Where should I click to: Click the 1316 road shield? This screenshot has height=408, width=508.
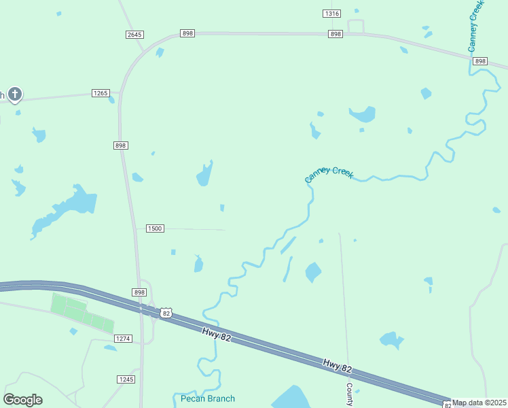(331, 14)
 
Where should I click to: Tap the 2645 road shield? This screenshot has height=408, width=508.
(134, 35)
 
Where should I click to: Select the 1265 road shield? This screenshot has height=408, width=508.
(101, 93)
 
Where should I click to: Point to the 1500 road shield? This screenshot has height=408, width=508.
(155, 228)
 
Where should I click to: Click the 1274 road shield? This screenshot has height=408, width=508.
(123, 338)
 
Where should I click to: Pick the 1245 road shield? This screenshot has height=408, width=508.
(126, 379)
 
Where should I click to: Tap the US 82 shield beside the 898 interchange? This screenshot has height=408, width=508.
(166, 312)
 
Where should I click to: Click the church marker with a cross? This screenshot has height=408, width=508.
(15, 95)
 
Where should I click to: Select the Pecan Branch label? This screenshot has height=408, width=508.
(208, 398)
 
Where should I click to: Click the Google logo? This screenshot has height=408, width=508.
(23, 400)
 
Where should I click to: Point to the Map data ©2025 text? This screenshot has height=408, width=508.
(479, 403)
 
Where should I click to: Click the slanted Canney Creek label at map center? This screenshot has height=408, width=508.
(329, 174)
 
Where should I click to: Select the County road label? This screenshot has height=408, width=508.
(349, 394)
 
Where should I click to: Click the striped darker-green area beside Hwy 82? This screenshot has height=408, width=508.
(81, 313)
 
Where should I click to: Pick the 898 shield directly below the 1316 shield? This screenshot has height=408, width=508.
(335, 34)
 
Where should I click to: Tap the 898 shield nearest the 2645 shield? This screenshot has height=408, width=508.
(188, 33)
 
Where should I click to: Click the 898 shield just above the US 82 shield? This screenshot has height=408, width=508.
(139, 292)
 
